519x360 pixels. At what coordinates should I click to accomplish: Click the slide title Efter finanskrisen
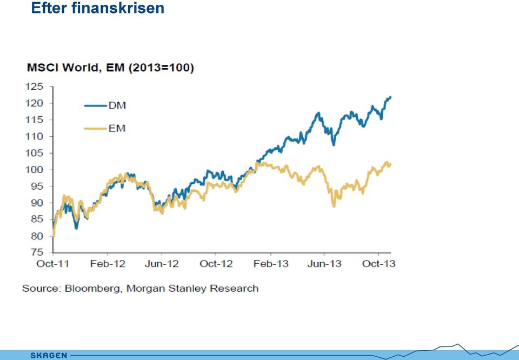click(x=98, y=8)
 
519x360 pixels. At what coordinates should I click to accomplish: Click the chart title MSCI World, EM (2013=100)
click(x=110, y=68)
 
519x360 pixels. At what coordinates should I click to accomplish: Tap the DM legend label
click(x=117, y=105)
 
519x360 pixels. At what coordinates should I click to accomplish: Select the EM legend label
click(x=117, y=128)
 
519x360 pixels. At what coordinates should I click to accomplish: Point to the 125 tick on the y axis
click(x=35, y=86)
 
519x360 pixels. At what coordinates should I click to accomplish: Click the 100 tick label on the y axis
click(x=35, y=170)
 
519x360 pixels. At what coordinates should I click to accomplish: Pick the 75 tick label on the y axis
click(x=37, y=252)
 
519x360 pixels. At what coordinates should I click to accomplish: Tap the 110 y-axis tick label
click(x=35, y=136)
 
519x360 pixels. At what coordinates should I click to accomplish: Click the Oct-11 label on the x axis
click(x=53, y=264)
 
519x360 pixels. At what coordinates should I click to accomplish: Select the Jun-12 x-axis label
click(x=162, y=264)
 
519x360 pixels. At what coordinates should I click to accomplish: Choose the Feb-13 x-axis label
click(x=271, y=264)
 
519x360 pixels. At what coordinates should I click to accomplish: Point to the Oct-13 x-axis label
click(x=378, y=264)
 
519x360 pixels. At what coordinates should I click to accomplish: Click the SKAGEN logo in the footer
click(x=49, y=355)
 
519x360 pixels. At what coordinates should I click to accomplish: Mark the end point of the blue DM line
click(x=391, y=97)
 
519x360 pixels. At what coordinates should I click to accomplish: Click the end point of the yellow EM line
click(x=391, y=163)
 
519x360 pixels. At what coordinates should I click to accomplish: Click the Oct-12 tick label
click(x=216, y=264)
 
